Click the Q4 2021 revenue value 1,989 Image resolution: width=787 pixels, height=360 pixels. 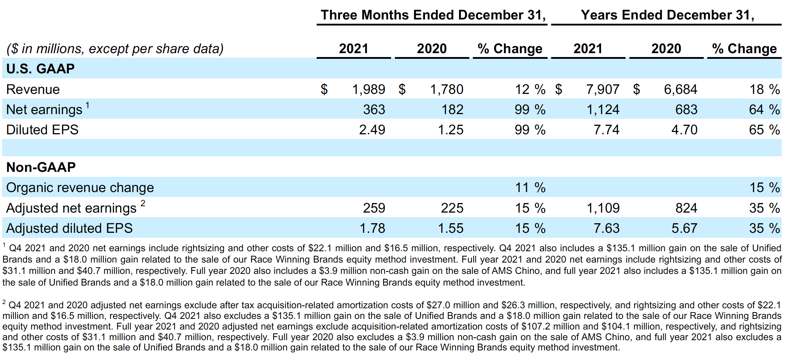[368, 89]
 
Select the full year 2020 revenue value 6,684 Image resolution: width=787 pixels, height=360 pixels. [680, 89]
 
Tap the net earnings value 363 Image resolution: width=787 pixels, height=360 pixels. [374, 109]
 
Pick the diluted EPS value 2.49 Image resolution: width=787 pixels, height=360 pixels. [372, 130]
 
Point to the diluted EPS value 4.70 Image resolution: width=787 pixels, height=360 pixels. [684, 130]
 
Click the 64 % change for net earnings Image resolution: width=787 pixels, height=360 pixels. [764, 109]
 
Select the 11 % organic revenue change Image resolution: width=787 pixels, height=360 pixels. [530, 187]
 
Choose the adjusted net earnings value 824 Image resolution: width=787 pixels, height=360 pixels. [686, 208]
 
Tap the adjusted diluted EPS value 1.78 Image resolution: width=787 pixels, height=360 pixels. [372, 228]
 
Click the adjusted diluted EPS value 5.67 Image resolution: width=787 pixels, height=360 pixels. [684, 228]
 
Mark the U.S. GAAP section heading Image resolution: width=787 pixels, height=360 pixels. [40, 69]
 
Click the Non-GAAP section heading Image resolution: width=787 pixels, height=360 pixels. [41, 167]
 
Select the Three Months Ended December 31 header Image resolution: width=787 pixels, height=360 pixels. [433, 15]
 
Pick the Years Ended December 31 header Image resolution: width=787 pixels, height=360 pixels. [667, 15]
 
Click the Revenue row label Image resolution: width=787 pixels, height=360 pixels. [33, 89]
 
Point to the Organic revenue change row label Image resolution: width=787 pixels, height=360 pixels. [80, 187]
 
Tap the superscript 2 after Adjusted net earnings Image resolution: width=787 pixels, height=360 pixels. [143, 203]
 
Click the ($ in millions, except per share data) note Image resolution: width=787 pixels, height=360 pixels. [115, 49]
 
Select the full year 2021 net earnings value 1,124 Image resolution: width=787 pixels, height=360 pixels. [603, 109]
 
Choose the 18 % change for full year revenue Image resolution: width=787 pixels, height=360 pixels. [764, 89]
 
